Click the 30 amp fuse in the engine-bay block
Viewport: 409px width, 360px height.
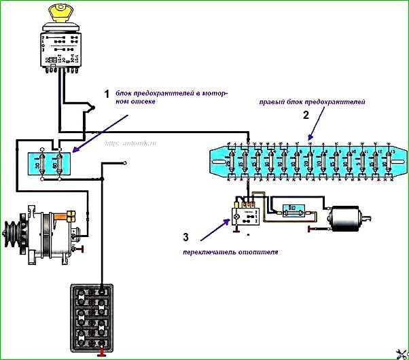click(x=44, y=164)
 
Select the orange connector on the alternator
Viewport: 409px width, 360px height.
click(x=70, y=215)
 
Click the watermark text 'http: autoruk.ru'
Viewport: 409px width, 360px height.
click(x=130, y=144)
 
